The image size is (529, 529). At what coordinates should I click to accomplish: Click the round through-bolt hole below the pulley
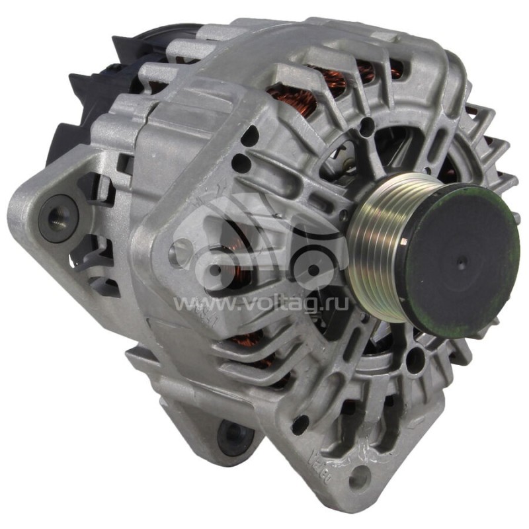[x=415, y=358]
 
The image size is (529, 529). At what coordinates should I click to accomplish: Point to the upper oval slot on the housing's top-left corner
[x=249, y=138]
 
